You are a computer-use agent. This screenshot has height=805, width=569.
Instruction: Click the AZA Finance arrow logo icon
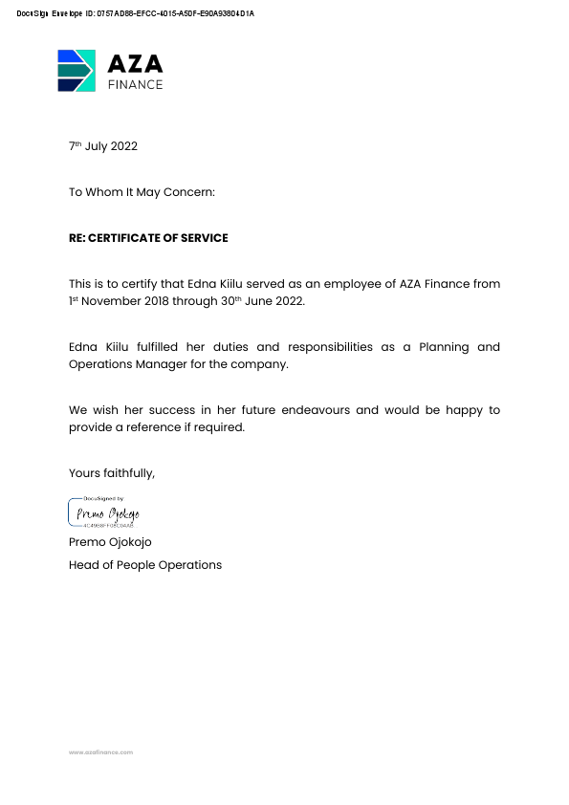(76, 70)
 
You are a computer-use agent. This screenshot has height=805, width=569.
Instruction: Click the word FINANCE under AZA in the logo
(135, 84)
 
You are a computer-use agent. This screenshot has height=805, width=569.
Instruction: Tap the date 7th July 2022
(103, 146)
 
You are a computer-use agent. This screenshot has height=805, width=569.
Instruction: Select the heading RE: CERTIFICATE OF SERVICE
(148, 238)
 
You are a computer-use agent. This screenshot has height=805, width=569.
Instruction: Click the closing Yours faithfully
(112, 473)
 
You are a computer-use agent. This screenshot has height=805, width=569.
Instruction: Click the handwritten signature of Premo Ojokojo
(108, 514)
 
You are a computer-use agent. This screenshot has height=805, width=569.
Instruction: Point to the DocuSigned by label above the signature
(104, 499)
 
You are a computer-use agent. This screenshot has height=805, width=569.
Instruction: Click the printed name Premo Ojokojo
(110, 542)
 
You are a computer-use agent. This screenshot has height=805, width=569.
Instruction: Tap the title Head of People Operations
(145, 565)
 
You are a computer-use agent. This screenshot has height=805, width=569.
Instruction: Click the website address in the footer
(100, 752)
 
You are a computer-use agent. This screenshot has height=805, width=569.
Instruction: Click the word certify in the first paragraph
(145, 284)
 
